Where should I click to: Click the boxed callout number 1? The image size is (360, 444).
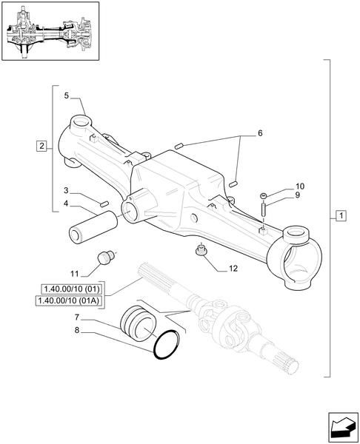341,215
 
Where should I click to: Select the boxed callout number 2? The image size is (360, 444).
41,145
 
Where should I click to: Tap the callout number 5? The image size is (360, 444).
66,96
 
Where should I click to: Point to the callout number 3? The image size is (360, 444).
66,191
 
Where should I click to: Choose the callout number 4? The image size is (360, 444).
66,203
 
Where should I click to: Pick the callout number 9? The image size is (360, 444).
279,195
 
